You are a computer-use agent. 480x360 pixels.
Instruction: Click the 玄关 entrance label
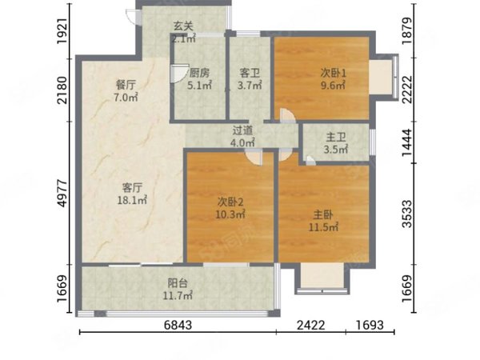pyautogui.click(x=183, y=26)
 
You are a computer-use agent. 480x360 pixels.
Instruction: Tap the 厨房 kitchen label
pyautogui.click(x=199, y=73)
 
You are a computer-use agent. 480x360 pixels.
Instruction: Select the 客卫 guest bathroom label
pyautogui.click(x=250, y=73)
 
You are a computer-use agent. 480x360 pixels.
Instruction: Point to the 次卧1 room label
pyautogui.click(x=334, y=73)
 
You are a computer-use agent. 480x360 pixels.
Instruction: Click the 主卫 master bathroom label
pyautogui.click(x=336, y=137)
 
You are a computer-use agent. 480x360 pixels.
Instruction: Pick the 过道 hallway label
pyautogui.click(x=242, y=130)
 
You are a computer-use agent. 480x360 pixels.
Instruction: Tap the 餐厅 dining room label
pyautogui.click(x=126, y=85)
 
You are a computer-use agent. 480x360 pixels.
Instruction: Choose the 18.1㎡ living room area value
pyautogui.click(x=132, y=200)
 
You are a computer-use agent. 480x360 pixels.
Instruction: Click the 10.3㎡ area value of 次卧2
pyautogui.click(x=230, y=214)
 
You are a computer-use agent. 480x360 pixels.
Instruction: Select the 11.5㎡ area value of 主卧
pyautogui.click(x=323, y=227)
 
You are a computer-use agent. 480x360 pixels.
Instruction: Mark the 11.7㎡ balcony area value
pyautogui.click(x=178, y=295)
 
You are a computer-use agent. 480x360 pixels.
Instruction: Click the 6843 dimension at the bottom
pyautogui.click(x=178, y=325)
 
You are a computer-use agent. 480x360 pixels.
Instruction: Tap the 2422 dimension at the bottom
pyautogui.click(x=310, y=325)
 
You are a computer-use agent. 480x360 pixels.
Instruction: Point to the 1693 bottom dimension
pyautogui.click(x=370, y=325)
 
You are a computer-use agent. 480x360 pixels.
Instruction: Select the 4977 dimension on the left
pyautogui.click(x=62, y=193)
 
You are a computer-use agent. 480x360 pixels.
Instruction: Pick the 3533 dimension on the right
pyautogui.click(x=407, y=214)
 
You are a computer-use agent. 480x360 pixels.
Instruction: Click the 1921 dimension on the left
pyautogui.click(x=62, y=31)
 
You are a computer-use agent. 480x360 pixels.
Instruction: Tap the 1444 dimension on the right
pyautogui.click(x=407, y=142)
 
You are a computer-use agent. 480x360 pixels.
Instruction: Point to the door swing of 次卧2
pyautogui.click(x=254, y=158)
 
